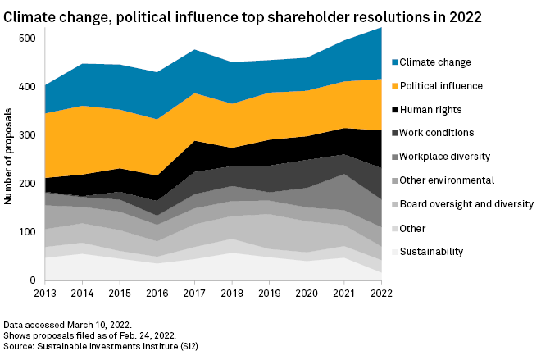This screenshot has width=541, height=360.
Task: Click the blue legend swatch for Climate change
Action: [x=396, y=62]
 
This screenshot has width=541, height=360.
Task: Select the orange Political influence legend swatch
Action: [x=396, y=85]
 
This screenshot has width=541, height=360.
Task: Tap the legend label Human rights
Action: [x=437, y=109]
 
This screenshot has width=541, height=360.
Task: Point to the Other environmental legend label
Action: [x=453, y=180]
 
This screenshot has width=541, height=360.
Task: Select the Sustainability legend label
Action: [x=441, y=252]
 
